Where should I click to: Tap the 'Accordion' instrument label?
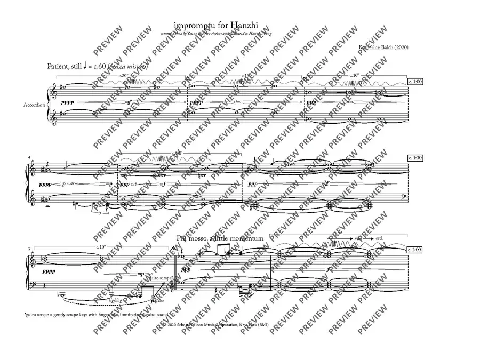[35, 105]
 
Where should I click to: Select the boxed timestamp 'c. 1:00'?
[414, 83]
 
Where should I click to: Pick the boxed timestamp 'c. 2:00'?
[414, 250]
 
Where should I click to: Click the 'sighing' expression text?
[115, 301]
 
